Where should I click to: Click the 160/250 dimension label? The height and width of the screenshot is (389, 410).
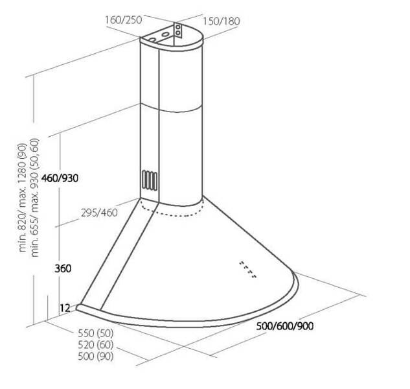click(x=124, y=20)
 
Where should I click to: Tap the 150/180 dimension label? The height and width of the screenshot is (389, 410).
click(x=222, y=21)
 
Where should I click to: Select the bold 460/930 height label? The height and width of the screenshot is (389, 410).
click(x=60, y=178)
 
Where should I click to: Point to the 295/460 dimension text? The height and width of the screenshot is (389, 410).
click(x=99, y=213)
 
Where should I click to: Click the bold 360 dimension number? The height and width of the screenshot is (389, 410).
click(x=63, y=268)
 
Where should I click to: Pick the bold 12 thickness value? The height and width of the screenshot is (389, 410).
click(x=65, y=308)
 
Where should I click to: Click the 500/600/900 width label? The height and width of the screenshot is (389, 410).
click(x=285, y=326)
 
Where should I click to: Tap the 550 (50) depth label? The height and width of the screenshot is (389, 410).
click(x=96, y=333)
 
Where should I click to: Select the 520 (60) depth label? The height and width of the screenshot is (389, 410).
click(x=96, y=345)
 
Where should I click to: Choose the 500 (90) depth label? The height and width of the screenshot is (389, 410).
click(x=96, y=357)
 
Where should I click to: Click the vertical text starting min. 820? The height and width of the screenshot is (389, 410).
click(x=23, y=198)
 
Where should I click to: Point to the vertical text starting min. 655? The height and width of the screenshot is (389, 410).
click(x=34, y=198)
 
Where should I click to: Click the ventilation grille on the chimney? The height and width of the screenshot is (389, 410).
click(x=150, y=180)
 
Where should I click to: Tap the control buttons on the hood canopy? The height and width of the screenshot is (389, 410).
click(x=247, y=269)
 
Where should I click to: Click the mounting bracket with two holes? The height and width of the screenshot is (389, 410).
click(x=178, y=30)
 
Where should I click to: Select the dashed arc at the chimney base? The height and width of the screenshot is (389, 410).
click(x=172, y=209)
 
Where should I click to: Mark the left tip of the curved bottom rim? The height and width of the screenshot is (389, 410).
click(x=76, y=308)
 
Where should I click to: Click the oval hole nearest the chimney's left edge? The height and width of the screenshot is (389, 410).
click(x=152, y=40)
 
